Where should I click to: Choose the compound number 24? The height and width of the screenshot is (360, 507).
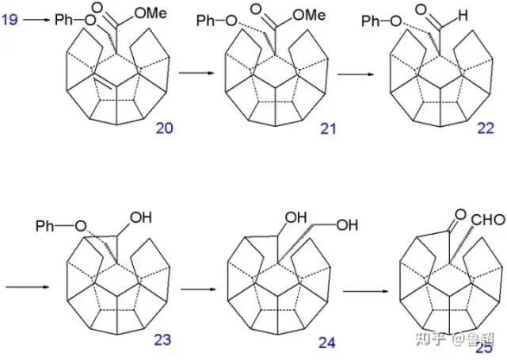click(326, 343)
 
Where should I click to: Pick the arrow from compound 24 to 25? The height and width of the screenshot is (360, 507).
click(372, 290)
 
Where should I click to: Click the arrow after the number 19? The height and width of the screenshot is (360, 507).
click(36, 17)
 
